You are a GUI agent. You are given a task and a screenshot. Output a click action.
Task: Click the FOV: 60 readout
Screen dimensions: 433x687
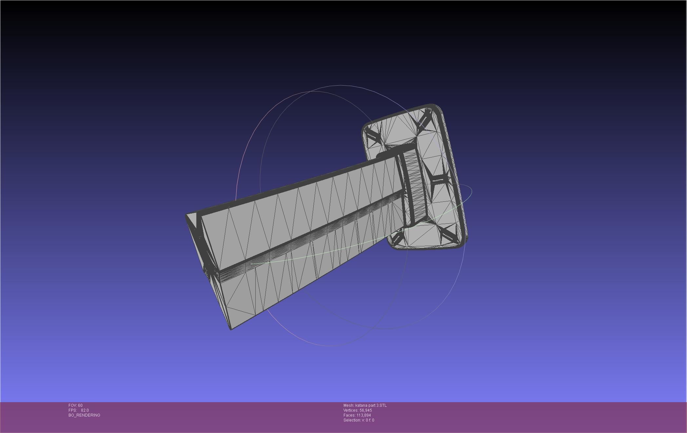[75, 405]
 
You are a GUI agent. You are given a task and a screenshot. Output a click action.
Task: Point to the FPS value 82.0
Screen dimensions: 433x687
[85, 410]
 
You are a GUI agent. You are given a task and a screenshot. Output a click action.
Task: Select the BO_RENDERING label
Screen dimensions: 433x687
[84, 415]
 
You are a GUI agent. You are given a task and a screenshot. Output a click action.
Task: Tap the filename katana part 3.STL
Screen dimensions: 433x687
[371, 405]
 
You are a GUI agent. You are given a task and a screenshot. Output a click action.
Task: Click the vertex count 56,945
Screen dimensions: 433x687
[365, 410]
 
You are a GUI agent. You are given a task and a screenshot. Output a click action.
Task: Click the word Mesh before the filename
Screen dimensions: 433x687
[348, 405]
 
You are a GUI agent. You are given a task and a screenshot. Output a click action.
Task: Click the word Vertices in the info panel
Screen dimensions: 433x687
[351, 410]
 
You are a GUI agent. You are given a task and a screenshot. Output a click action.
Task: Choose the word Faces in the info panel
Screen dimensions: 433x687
[349, 415]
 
